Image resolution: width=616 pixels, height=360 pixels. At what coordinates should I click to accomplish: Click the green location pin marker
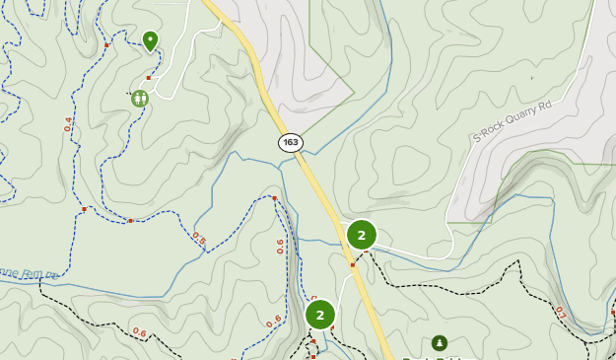click(150, 39)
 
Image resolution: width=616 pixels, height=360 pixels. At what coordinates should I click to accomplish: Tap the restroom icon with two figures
click(139, 98)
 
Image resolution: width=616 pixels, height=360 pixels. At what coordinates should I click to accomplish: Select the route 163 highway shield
click(290, 142)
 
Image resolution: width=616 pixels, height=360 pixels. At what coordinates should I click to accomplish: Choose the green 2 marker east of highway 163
click(362, 235)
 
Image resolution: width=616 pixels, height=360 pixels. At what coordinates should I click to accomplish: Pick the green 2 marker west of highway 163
click(320, 315)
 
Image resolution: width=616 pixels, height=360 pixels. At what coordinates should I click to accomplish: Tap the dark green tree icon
click(440, 343)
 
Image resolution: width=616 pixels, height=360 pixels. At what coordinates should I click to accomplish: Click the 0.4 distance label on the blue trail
click(68, 124)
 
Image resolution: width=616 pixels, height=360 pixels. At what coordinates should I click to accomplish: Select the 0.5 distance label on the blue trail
click(199, 239)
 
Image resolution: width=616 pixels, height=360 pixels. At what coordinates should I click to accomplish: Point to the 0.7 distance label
click(561, 313)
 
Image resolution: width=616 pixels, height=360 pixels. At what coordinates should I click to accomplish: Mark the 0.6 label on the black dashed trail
click(139, 332)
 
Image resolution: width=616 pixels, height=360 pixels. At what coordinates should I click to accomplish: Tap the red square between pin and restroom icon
click(149, 77)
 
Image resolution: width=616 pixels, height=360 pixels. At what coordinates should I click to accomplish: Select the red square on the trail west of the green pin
click(106, 44)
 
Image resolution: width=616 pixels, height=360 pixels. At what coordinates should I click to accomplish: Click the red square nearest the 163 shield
click(274, 198)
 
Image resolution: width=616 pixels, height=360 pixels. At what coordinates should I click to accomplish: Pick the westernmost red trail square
click(85, 208)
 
